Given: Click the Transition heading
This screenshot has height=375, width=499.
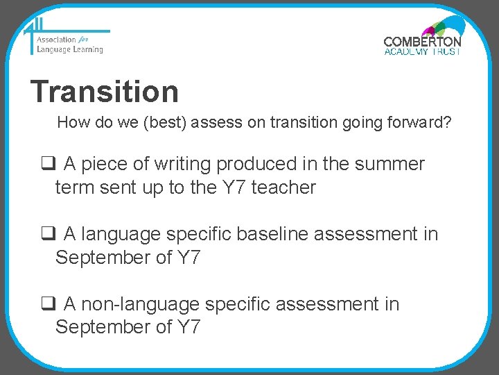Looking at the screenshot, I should click(x=105, y=92).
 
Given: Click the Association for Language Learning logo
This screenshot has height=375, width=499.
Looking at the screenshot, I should click(x=66, y=40).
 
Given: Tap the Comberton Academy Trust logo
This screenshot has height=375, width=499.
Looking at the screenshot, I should click(x=422, y=38).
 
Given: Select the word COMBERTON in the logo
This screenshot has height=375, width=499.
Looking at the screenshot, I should click(x=422, y=42).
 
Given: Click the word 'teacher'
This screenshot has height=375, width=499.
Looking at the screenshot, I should click(x=283, y=187).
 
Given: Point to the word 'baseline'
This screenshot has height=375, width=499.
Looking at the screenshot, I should click(x=273, y=235).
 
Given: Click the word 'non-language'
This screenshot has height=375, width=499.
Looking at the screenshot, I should click(x=143, y=305).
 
